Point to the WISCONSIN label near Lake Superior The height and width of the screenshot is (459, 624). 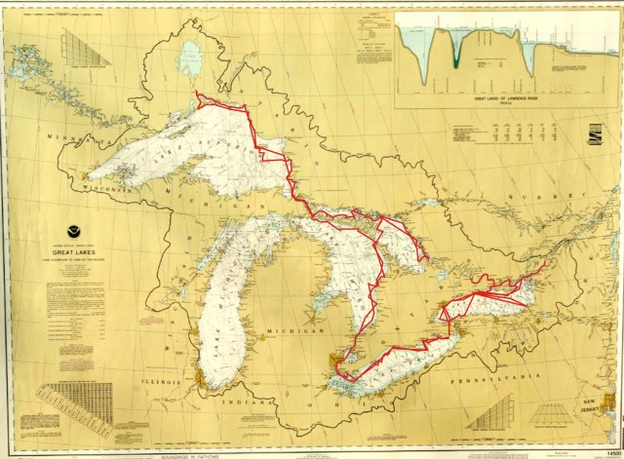[115, 186]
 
